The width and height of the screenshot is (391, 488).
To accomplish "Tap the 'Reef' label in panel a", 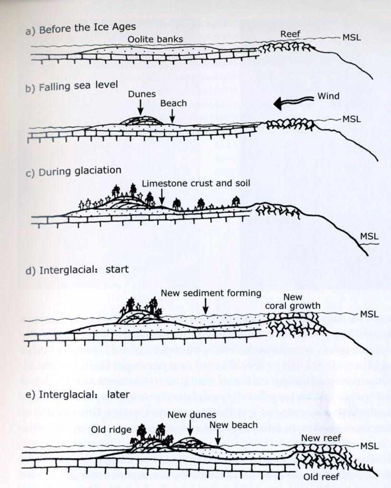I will (290, 34).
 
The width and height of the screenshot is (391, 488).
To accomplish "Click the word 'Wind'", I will (328, 96).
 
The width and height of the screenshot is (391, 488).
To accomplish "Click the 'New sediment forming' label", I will (211, 293).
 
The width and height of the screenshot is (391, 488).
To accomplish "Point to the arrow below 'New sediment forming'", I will (205, 306).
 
